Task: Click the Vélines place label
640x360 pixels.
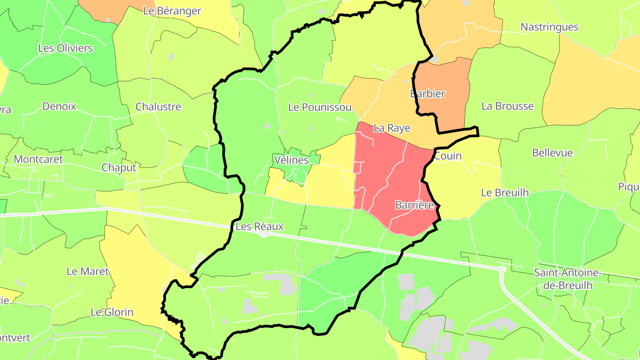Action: click(x=291, y=160)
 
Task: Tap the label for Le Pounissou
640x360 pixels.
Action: click(x=320, y=107)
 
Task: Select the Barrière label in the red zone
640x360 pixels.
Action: click(x=414, y=205)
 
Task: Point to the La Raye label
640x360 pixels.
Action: click(x=392, y=128)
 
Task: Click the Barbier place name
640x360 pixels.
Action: click(x=428, y=94)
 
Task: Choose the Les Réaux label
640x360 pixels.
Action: click(x=260, y=226)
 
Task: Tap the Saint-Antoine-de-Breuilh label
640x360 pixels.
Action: click(x=568, y=279)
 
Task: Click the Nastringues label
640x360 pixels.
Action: click(x=549, y=27)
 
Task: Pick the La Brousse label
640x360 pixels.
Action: click(x=508, y=106)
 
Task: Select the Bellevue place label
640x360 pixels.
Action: click(x=552, y=153)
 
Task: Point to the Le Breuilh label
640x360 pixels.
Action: click(x=505, y=192)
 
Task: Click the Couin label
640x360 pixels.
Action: click(x=448, y=156)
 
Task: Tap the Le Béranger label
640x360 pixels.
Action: click(x=172, y=11)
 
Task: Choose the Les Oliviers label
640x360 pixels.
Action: click(x=65, y=48)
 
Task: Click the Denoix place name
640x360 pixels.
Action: click(x=59, y=106)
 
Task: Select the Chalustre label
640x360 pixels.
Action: click(x=158, y=107)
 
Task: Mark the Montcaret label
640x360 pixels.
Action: click(x=38, y=159)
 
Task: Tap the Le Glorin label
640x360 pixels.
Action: click(x=112, y=312)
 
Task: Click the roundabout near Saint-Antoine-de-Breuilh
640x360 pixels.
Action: click(x=503, y=269)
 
